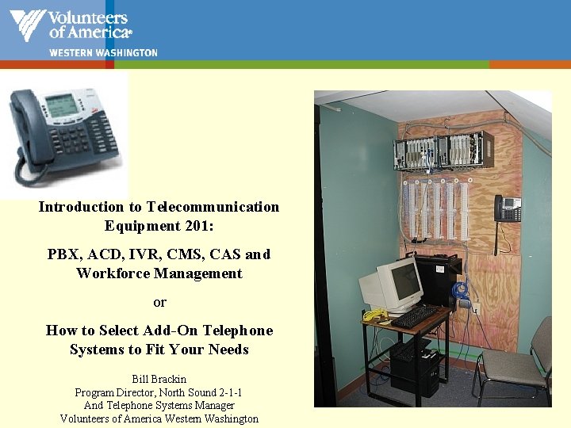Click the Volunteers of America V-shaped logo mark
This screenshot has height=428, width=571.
click(x=27, y=25)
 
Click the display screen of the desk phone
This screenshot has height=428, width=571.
click(x=62, y=105)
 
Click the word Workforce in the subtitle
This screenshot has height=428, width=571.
click(x=109, y=273)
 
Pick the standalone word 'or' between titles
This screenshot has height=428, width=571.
click(x=159, y=302)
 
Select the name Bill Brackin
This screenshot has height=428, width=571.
click(x=159, y=380)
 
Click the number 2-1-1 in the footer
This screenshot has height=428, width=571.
click(x=227, y=392)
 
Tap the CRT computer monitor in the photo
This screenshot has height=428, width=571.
click(x=391, y=286)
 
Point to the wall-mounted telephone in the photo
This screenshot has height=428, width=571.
click(x=508, y=208)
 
